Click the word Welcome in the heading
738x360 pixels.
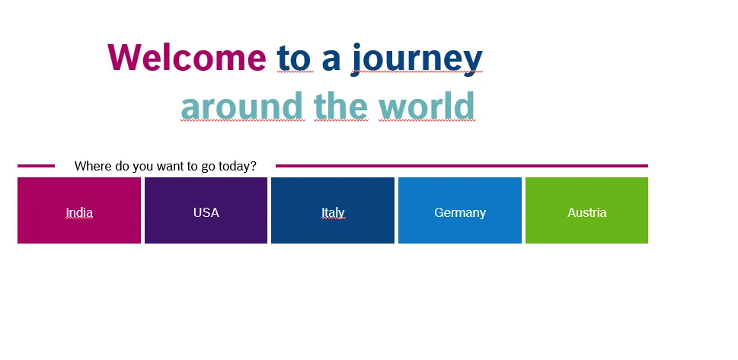(x=187, y=57)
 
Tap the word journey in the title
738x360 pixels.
(x=417, y=59)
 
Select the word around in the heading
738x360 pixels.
(x=242, y=105)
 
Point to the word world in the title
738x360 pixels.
(x=427, y=105)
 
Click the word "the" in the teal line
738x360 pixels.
(x=340, y=105)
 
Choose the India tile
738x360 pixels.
(x=79, y=210)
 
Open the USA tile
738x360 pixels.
(x=206, y=210)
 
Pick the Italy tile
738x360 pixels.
(x=333, y=210)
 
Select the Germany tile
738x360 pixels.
(x=460, y=210)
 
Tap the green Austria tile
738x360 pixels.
(x=586, y=210)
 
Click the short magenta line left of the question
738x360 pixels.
(x=37, y=166)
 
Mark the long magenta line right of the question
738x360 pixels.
(x=462, y=166)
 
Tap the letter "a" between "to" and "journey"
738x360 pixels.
(x=331, y=62)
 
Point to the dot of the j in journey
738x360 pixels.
(x=356, y=46)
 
